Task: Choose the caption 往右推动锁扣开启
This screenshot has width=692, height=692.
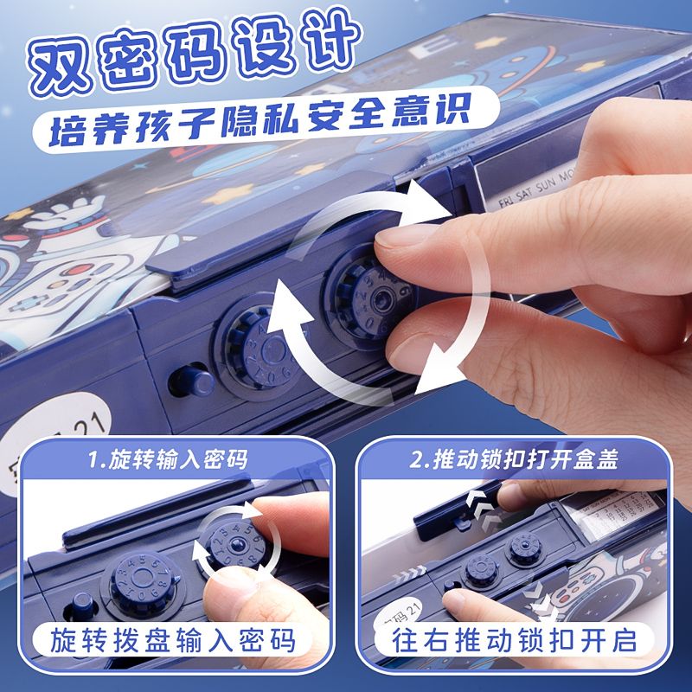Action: (518, 641)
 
